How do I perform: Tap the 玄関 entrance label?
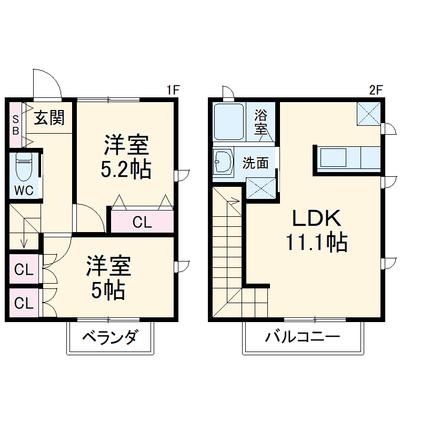coord(49,118)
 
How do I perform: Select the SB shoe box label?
coord(16,124)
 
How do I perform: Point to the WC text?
coord(24,191)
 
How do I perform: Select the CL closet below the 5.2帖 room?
coord(142,222)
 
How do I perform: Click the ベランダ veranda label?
coord(109,337)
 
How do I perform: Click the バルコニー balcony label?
coord(302,337)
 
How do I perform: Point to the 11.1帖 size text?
coord(316,242)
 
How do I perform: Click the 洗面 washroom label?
coord(255,163)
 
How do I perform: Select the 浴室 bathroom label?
coord(260,122)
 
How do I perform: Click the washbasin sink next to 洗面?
coord(223,162)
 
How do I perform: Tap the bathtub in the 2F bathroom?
coord(228,122)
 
